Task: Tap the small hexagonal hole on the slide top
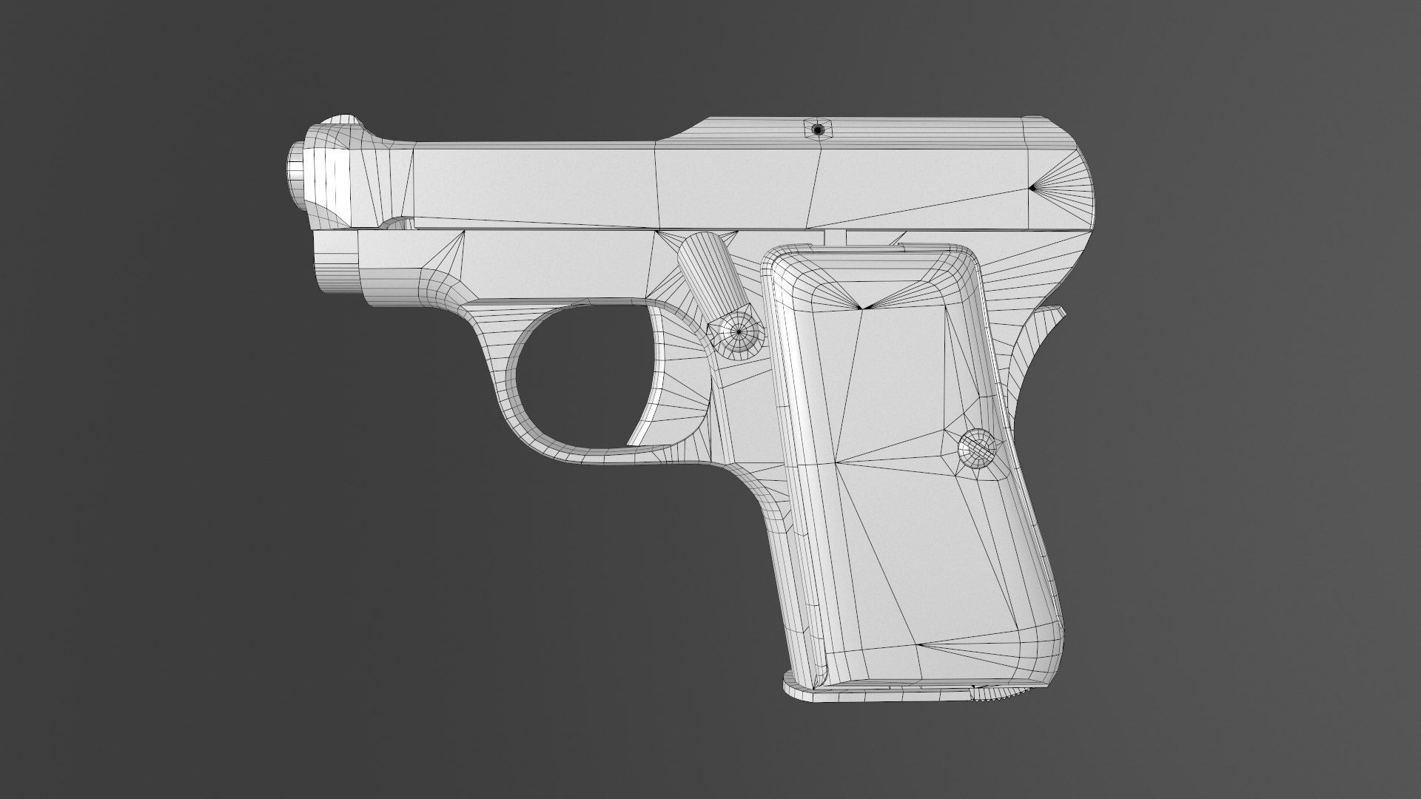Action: point(817,130)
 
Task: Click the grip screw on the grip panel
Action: point(978,448)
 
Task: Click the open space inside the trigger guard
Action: point(577,385)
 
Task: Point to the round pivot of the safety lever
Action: point(737,334)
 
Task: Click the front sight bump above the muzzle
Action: point(340,126)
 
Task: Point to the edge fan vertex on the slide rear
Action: point(1033,188)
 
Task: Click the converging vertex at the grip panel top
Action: point(863,308)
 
